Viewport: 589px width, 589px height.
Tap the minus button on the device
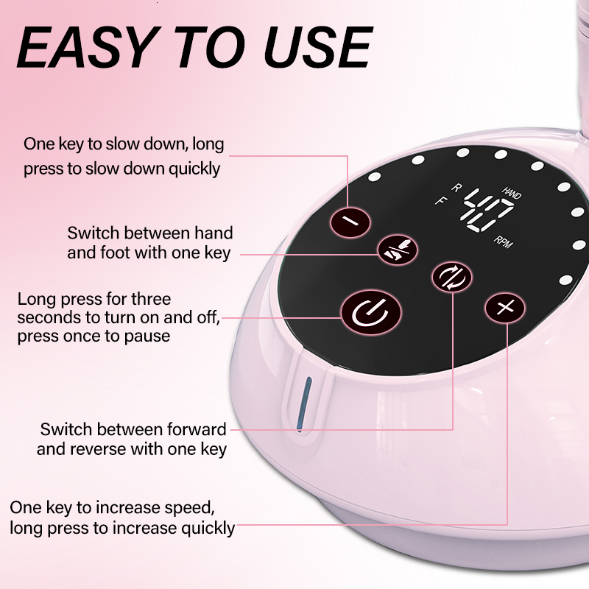(350, 220)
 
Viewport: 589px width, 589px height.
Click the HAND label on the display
(512, 191)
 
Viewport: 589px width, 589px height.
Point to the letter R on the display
(456, 188)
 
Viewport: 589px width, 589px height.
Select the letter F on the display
(440, 200)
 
